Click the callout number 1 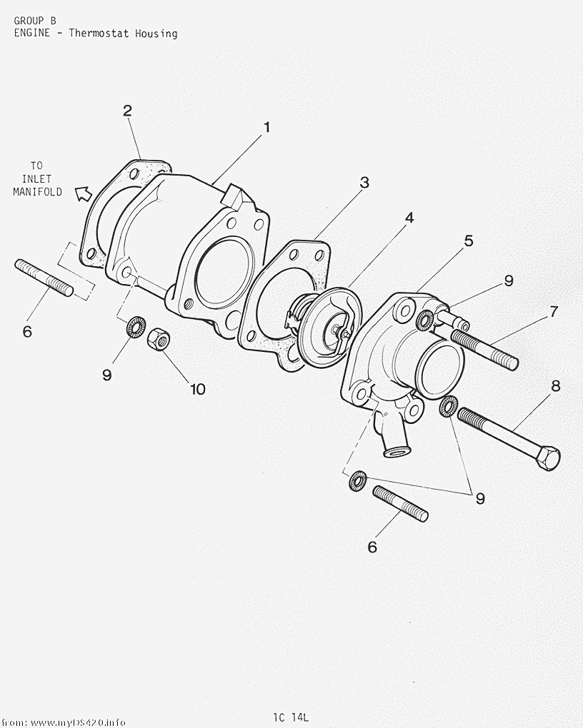coord(266,127)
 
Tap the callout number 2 coord(127,111)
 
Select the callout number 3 coord(364,183)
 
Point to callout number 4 coord(409,217)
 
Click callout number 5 coord(468,241)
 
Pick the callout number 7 coord(553,311)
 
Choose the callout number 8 coord(556,386)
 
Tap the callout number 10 coord(198,389)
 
